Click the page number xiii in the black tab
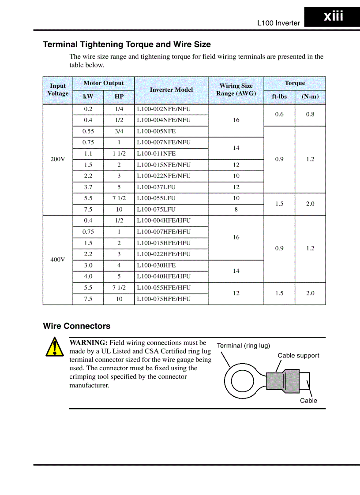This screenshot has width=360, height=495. pos(333,17)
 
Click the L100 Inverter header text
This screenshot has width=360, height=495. pos(278,23)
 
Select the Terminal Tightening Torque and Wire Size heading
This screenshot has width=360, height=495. pos(127,45)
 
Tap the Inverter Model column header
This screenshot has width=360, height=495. pos(171,89)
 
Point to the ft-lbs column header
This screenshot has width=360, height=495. pos(279,97)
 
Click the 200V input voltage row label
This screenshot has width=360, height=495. pos(58,159)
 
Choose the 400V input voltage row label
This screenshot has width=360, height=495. pos(58,260)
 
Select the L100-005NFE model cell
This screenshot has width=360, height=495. pos(156,131)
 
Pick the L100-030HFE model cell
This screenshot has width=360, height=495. pos(156,265)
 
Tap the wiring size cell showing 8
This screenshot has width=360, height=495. pos(236,209)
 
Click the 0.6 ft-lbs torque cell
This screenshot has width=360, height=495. pos(279,115)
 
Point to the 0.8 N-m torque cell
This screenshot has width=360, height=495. pos(310,115)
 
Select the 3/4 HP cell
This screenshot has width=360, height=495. pos(119,131)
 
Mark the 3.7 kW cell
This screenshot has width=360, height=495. pos(88,187)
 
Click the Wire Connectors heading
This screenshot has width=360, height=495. pos(77,326)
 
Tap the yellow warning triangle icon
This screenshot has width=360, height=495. pos(54,347)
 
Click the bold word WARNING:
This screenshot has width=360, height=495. pos(88,342)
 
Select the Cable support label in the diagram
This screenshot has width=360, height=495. pos(298,356)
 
